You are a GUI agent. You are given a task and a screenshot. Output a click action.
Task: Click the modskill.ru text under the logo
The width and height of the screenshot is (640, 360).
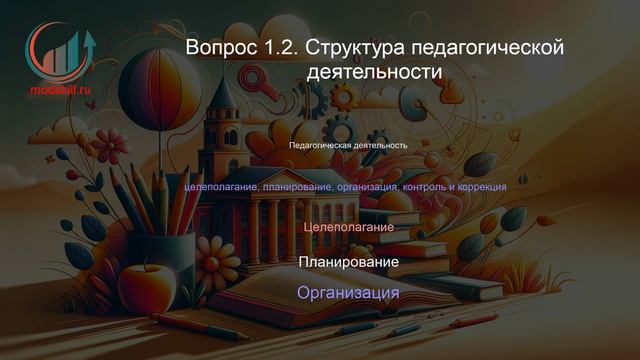(59, 88)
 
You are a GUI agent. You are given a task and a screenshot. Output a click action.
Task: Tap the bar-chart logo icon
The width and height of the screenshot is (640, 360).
(60, 50)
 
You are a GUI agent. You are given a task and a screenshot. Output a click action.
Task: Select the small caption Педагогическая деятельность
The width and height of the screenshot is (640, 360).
(348, 145)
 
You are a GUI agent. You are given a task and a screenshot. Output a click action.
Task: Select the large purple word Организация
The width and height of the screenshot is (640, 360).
(348, 293)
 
